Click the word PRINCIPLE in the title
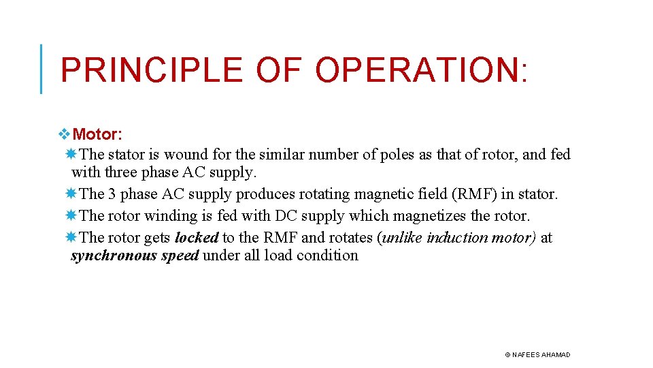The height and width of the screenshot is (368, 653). (x=151, y=70)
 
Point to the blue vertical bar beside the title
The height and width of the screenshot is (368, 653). (x=41, y=69)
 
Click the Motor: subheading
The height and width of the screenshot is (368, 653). (x=97, y=134)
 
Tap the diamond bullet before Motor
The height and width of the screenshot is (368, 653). (x=65, y=134)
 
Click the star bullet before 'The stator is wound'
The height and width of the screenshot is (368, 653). (x=72, y=155)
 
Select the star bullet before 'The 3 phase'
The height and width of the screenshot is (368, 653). (x=72, y=194)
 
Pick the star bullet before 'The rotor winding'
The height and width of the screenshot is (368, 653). (x=72, y=216)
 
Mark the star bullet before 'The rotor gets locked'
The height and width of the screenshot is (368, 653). (x=72, y=238)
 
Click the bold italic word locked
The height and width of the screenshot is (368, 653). (x=197, y=238)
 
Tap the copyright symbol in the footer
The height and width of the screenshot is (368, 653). (x=507, y=355)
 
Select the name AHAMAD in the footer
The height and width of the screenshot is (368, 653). (x=556, y=355)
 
